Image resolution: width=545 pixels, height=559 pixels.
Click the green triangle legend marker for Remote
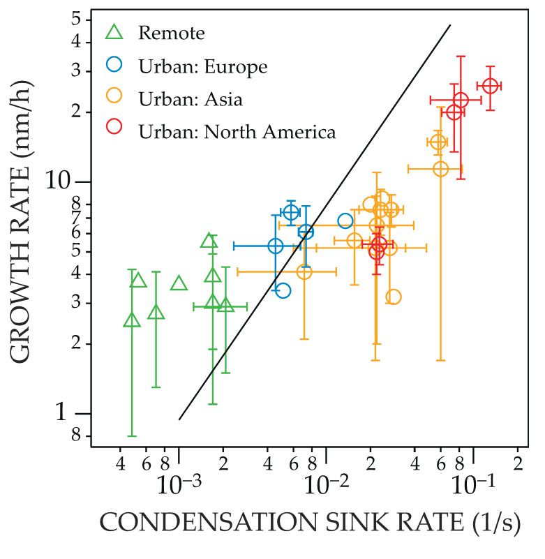(x=114, y=31)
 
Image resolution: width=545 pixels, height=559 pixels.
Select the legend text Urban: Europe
(x=203, y=67)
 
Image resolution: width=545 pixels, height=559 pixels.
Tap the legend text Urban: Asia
(x=191, y=100)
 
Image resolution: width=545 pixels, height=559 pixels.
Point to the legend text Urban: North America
(x=237, y=132)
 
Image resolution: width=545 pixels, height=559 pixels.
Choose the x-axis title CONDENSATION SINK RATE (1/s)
(x=311, y=523)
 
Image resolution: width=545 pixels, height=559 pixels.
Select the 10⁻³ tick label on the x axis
(x=179, y=484)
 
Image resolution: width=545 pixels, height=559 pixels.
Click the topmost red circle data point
(x=490, y=86)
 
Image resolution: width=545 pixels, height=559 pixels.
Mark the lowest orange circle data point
(x=394, y=297)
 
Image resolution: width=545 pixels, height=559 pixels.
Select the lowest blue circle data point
(x=283, y=290)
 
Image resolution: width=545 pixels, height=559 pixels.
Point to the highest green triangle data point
(x=208, y=241)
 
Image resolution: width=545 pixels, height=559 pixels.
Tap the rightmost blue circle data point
(x=345, y=221)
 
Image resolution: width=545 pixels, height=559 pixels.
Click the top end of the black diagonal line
(x=450, y=25)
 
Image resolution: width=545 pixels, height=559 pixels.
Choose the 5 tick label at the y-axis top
(x=76, y=19)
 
